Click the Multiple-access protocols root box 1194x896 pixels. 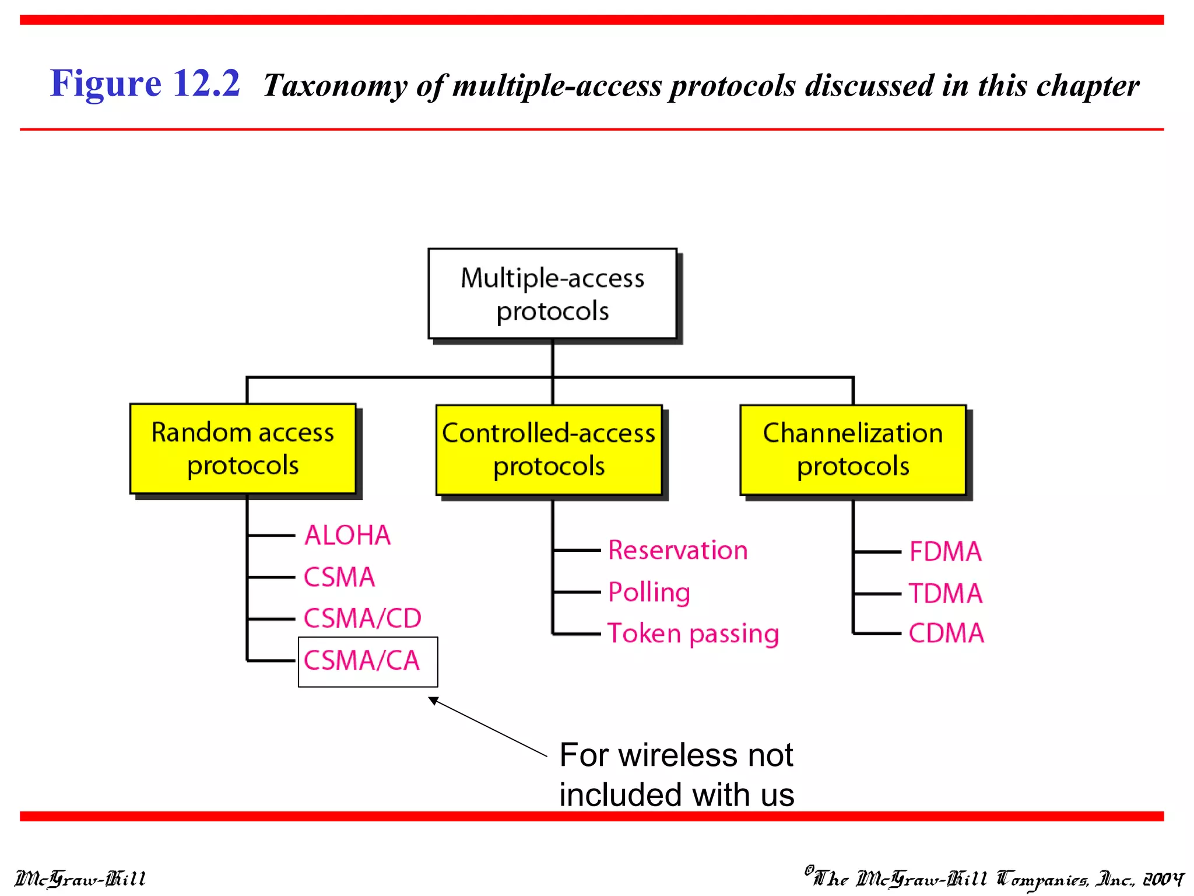(552, 293)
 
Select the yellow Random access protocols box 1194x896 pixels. (243, 449)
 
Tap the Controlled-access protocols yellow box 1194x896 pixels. (549, 450)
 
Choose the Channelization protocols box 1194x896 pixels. (852, 450)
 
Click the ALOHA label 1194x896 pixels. (347, 535)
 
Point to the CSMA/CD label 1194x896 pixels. (362, 618)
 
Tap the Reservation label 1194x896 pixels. (677, 550)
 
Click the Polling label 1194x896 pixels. (649, 592)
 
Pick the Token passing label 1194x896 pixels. (693, 633)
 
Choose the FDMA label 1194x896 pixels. (945, 551)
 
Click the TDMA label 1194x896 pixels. (945, 593)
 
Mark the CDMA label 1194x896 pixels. (946, 633)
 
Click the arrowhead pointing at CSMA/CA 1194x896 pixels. (434, 701)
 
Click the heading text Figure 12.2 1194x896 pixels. (145, 83)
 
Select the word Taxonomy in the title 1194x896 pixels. (335, 86)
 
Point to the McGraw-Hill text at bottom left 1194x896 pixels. (80, 878)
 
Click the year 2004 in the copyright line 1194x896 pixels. (1163, 878)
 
